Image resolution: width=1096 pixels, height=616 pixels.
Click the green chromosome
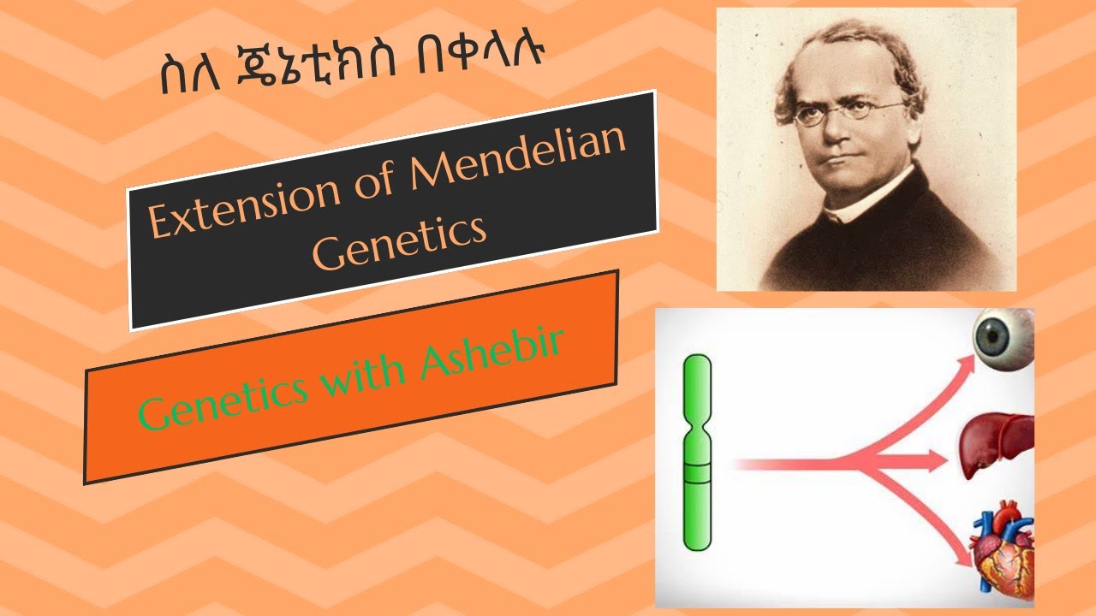(697, 453)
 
